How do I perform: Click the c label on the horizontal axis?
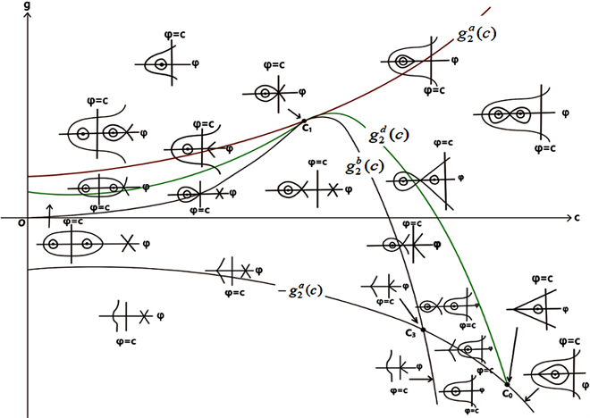(579, 216)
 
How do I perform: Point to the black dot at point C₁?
(304, 121)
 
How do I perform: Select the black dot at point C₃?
(423, 331)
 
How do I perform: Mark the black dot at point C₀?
(507, 385)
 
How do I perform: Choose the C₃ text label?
(410, 333)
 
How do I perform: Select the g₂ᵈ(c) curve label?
(389, 137)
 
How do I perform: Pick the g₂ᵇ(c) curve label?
(365, 167)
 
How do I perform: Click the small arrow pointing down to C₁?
(293, 112)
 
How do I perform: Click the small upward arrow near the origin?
(48, 209)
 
